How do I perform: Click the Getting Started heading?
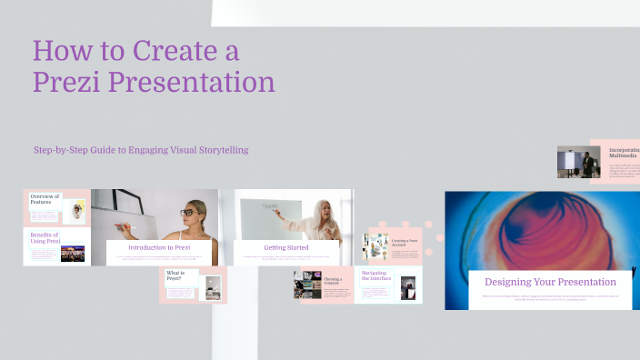point(285,247)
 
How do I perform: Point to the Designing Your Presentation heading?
point(537,282)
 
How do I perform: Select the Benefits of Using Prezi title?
point(40,240)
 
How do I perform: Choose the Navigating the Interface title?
point(375,275)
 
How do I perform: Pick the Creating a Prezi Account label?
point(405,242)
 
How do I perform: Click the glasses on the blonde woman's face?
point(186,212)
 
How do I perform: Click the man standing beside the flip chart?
point(588,164)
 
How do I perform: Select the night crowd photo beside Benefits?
point(73,254)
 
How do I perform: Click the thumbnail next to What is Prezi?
point(212,285)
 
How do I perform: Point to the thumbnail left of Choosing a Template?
point(307,285)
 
